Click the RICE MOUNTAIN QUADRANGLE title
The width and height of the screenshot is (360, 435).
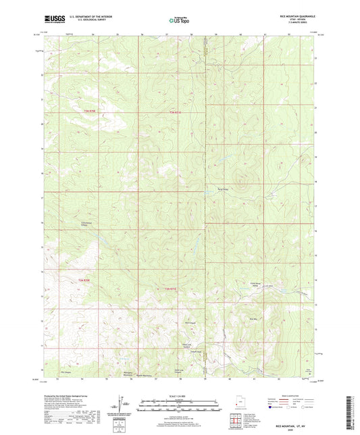(293, 18)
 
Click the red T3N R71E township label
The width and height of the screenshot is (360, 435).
(176, 111)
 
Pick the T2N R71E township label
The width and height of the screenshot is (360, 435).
(172, 290)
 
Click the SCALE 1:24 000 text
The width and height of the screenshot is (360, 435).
(179, 396)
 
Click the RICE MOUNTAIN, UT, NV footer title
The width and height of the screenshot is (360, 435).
(293, 423)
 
